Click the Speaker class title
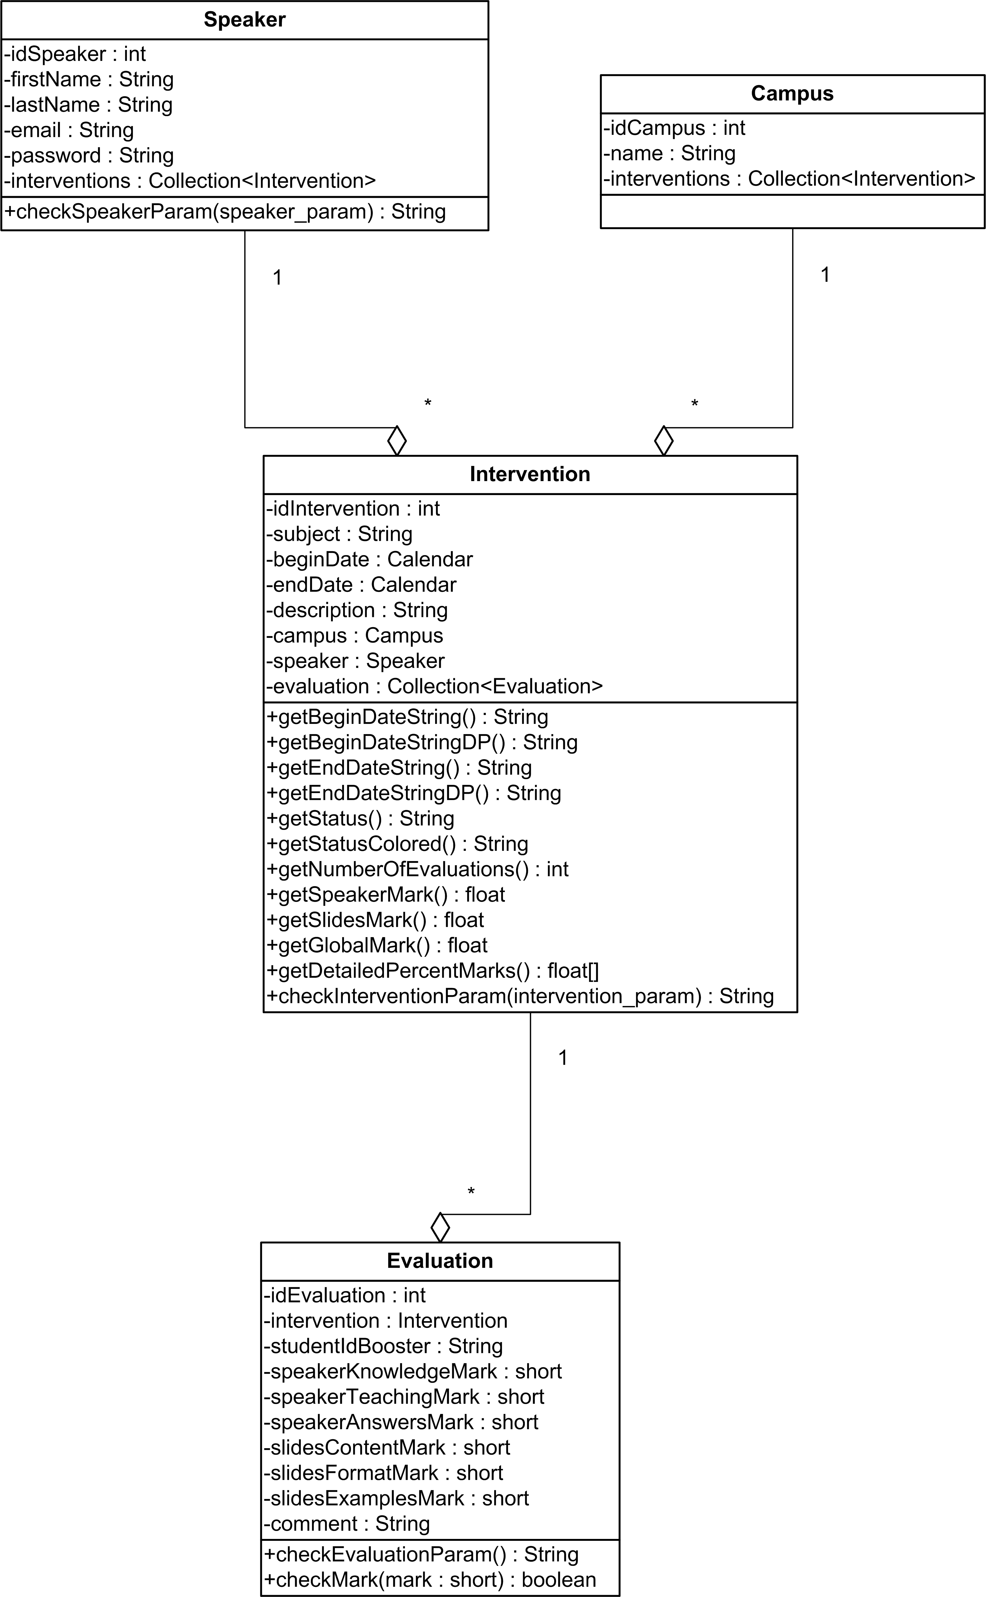tap(245, 20)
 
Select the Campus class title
tap(792, 93)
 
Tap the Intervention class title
tap(530, 474)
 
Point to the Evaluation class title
tap(440, 1261)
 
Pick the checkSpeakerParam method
tap(225, 212)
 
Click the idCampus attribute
tap(674, 128)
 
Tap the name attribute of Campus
tap(669, 153)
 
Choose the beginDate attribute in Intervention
tap(369, 560)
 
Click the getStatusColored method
tap(397, 844)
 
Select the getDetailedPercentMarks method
tap(432, 971)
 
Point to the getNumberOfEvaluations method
tap(417, 869)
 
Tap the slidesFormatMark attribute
tap(383, 1473)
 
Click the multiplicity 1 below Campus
tap(825, 275)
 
